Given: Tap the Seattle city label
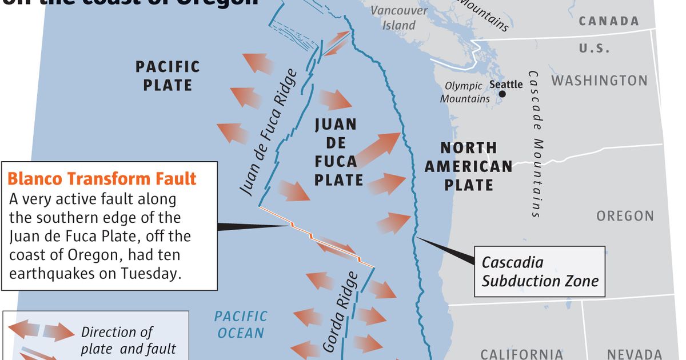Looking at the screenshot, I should pyautogui.click(x=506, y=85).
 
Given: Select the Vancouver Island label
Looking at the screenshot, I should pyautogui.click(x=399, y=18).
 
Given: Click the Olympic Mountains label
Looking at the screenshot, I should pyautogui.click(x=465, y=93).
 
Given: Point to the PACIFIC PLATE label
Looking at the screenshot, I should pyautogui.click(x=167, y=76).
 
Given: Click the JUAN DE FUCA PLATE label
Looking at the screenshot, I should pyautogui.click(x=336, y=152).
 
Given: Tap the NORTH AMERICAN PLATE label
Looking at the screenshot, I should pyautogui.click(x=468, y=166).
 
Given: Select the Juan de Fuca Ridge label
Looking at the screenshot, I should pyautogui.click(x=268, y=132).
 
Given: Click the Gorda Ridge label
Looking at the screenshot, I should pyautogui.click(x=341, y=311).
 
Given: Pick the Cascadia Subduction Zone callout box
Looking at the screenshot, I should pyautogui.click(x=540, y=271).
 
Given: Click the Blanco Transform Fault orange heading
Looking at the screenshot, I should pyautogui.click(x=102, y=179).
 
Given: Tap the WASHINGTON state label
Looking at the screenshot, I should pyautogui.click(x=599, y=80).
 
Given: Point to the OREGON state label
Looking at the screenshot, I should pyautogui.click(x=625, y=216).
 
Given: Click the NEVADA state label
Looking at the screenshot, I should pyautogui.click(x=634, y=354).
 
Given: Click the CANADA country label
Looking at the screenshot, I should pyautogui.click(x=609, y=21).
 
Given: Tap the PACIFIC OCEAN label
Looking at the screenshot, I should pyautogui.click(x=240, y=324).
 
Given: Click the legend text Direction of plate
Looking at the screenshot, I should pyautogui.click(x=117, y=332).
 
